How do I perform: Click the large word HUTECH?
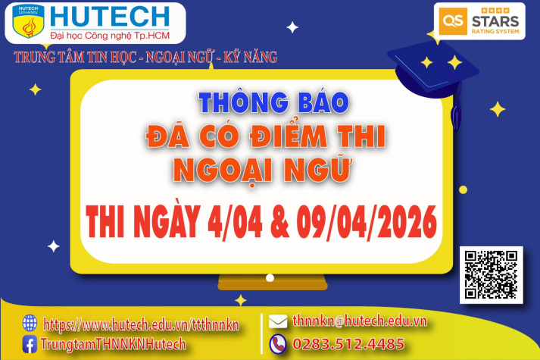(x=110, y=16)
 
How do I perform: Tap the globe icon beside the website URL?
(x=30, y=323)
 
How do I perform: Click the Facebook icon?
(x=30, y=344)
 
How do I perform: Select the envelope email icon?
(x=278, y=321)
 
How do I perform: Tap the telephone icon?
(x=278, y=343)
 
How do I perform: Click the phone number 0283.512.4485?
(x=348, y=344)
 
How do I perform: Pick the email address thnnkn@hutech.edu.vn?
(x=359, y=321)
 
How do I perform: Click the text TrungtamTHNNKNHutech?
(x=114, y=344)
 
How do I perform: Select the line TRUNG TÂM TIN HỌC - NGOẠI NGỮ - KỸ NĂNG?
(x=145, y=57)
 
